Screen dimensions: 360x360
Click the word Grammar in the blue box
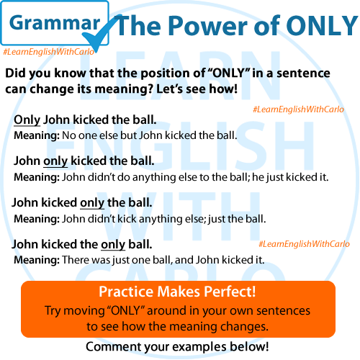click(x=55, y=24)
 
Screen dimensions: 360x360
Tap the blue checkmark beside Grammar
click(x=101, y=34)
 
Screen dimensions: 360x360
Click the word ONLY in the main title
click(x=322, y=25)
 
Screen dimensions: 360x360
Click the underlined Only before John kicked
click(x=27, y=120)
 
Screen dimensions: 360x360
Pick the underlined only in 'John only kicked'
click(x=55, y=161)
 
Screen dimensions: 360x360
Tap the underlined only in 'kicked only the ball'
click(x=92, y=203)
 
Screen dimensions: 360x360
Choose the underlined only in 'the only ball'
click(x=113, y=245)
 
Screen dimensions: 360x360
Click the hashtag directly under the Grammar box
click(x=49, y=52)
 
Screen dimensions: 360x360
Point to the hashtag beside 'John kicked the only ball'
click(x=304, y=244)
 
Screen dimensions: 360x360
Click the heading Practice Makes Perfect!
click(x=177, y=292)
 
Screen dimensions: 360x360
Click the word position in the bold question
click(x=171, y=73)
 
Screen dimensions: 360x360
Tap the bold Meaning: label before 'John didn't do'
click(x=37, y=178)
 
